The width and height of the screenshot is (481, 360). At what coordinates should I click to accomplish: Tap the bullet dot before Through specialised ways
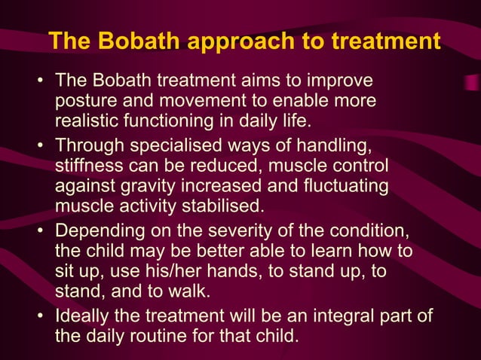click(x=41, y=145)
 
